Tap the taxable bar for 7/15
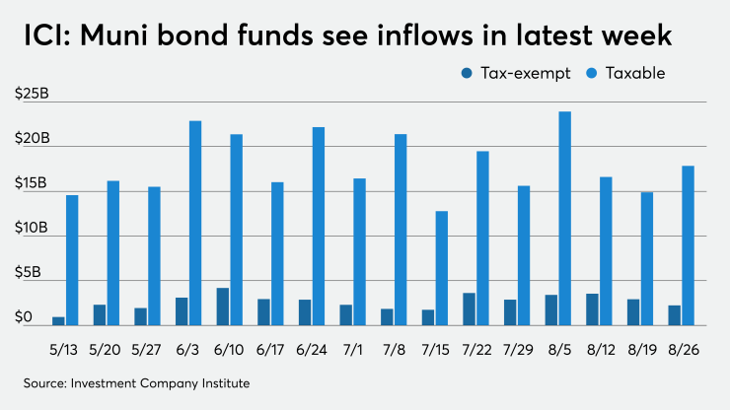[x=442, y=268]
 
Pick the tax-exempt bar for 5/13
[x=58, y=320]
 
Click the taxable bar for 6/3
[x=195, y=223]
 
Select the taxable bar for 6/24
[x=319, y=226]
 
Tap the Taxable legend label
[x=633, y=73]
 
